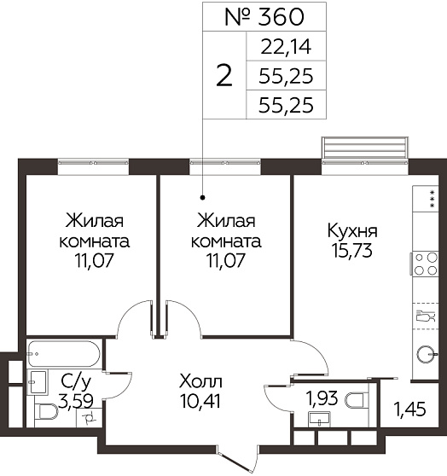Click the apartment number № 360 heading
(264, 17)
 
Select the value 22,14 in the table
(286, 47)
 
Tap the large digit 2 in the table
(224, 76)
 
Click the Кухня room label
(352, 231)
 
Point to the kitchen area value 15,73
(352, 251)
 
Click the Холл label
(200, 381)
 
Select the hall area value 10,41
(200, 401)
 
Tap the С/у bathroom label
(76, 382)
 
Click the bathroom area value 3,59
(76, 401)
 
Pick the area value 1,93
(322, 398)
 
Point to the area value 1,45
(409, 409)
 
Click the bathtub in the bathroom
(63, 354)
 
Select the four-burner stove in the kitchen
(425, 264)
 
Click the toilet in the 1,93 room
(357, 399)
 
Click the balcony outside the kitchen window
(364, 148)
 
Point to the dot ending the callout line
(203, 198)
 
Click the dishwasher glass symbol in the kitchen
(426, 316)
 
